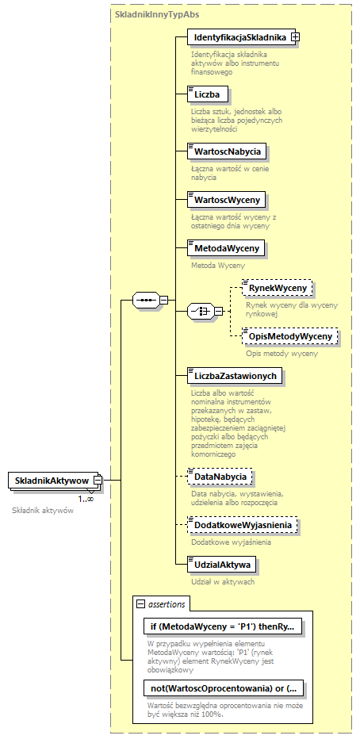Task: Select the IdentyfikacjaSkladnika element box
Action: click(238, 36)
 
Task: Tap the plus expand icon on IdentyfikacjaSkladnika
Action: click(295, 36)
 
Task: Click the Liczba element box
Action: click(209, 94)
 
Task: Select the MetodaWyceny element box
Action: click(225, 247)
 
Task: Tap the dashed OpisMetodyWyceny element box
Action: click(289, 336)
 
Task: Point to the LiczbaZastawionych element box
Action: click(234, 375)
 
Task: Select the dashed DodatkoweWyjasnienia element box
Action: click(243, 525)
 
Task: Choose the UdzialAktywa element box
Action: click(220, 565)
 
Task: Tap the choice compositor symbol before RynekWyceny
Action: click(198, 312)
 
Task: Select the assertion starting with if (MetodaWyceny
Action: click(222, 626)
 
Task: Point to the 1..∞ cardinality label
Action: click(86, 499)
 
